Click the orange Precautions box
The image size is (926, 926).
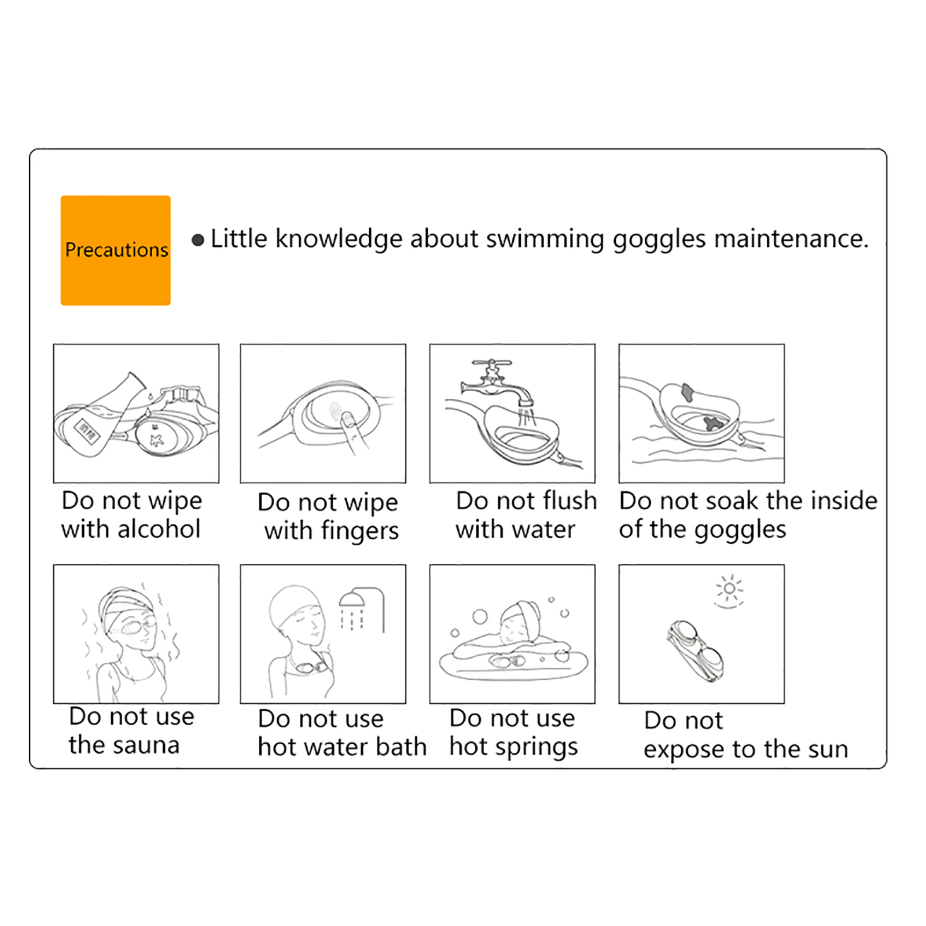point(116,250)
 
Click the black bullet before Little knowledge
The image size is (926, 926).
point(198,240)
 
